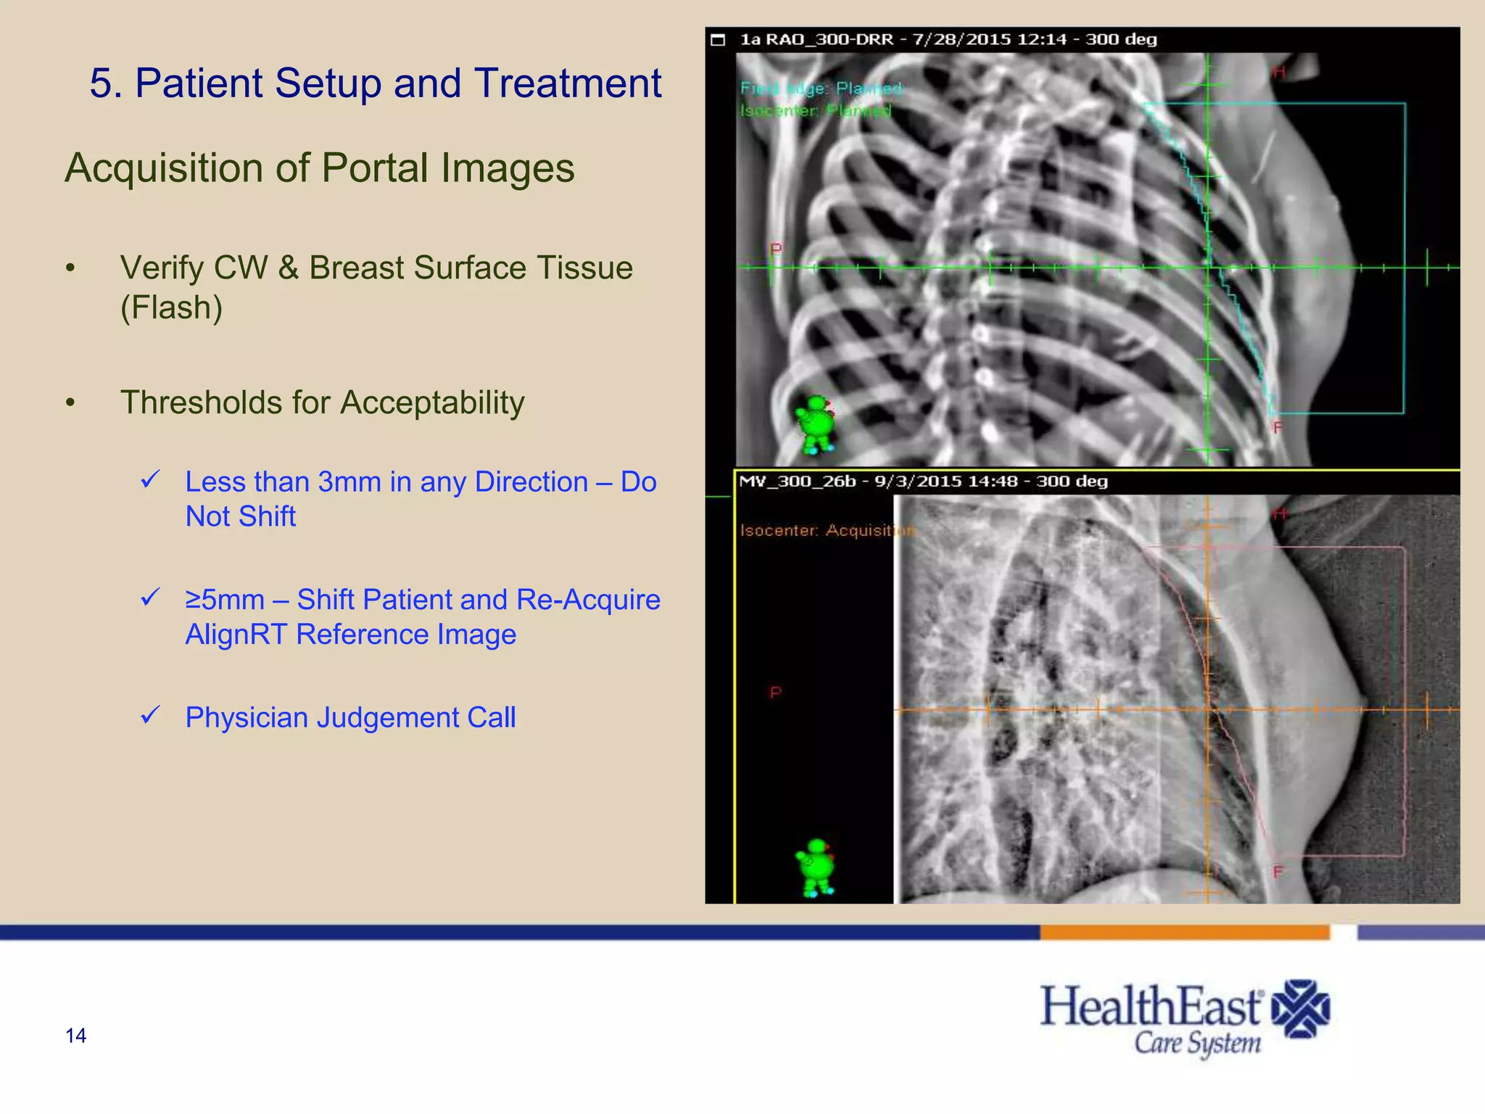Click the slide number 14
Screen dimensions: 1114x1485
pyautogui.click(x=75, y=1036)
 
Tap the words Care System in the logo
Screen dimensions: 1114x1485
pyautogui.click(x=1197, y=1043)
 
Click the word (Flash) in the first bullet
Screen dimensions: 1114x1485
pyautogui.click(x=171, y=308)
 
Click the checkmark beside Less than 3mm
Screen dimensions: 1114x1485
pyautogui.click(x=150, y=479)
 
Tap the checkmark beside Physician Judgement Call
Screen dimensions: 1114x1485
pyautogui.click(x=150, y=715)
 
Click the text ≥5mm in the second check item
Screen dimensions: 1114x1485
pyautogui.click(x=225, y=600)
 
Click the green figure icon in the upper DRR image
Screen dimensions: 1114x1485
pyautogui.click(x=816, y=424)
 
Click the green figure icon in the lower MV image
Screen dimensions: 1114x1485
pyautogui.click(x=816, y=867)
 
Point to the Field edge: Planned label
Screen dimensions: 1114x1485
pyautogui.click(x=821, y=88)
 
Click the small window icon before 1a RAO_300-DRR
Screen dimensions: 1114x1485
pyautogui.click(x=718, y=40)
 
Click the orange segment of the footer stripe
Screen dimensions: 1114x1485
pyautogui.click(x=1184, y=933)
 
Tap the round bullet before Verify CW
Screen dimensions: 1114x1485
pyautogui.click(x=70, y=268)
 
